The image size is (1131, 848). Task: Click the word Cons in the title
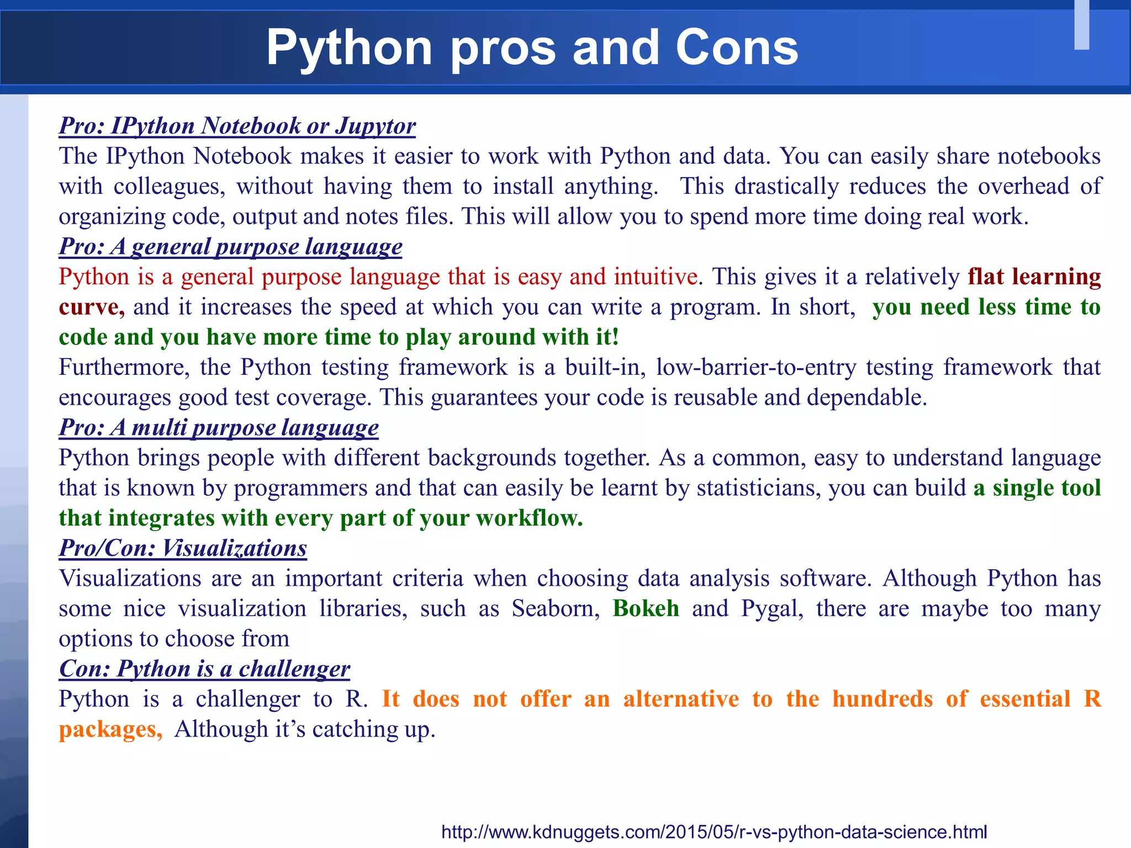[x=737, y=48]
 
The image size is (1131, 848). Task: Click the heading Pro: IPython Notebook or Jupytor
[x=237, y=126]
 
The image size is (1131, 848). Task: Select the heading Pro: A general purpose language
[x=230, y=247]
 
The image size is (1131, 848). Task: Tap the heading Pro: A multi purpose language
[x=219, y=428]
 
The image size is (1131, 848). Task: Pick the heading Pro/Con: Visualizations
[x=183, y=548]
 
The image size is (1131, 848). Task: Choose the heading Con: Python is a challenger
[x=204, y=669]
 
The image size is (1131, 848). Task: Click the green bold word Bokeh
[x=646, y=608]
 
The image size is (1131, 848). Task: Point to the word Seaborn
[x=556, y=608]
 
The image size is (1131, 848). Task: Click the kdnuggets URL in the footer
[x=714, y=831]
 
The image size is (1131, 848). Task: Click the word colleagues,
[x=170, y=187]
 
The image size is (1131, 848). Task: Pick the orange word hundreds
[x=882, y=699]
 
